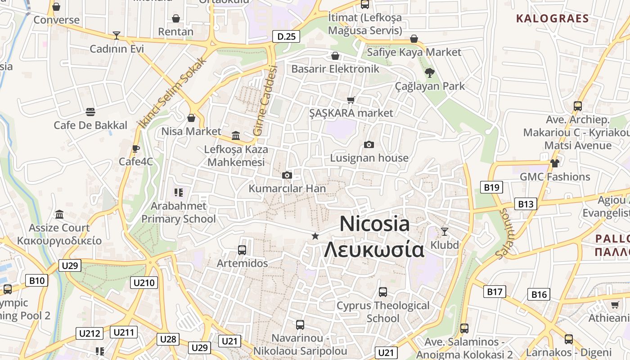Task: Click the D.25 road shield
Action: (x=286, y=36)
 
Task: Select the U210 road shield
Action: (x=144, y=283)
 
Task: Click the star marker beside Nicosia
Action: (x=315, y=236)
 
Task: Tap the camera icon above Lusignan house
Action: (x=369, y=144)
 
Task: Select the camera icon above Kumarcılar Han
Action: (x=287, y=175)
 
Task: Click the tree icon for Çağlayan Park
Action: (x=430, y=72)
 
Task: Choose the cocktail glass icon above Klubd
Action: (x=445, y=232)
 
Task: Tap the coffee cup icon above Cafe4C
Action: (x=136, y=148)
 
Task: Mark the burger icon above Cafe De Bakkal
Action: (x=90, y=112)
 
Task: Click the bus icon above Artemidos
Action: (x=242, y=250)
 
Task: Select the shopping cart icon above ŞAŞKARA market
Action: (x=351, y=100)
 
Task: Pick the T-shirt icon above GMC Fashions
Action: (x=554, y=163)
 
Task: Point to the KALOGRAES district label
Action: (x=552, y=18)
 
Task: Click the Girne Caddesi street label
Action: (x=265, y=100)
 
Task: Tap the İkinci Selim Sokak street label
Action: (x=172, y=92)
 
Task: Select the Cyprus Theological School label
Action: (x=383, y=312)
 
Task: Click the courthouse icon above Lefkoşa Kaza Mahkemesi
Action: (x=236, y=135)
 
